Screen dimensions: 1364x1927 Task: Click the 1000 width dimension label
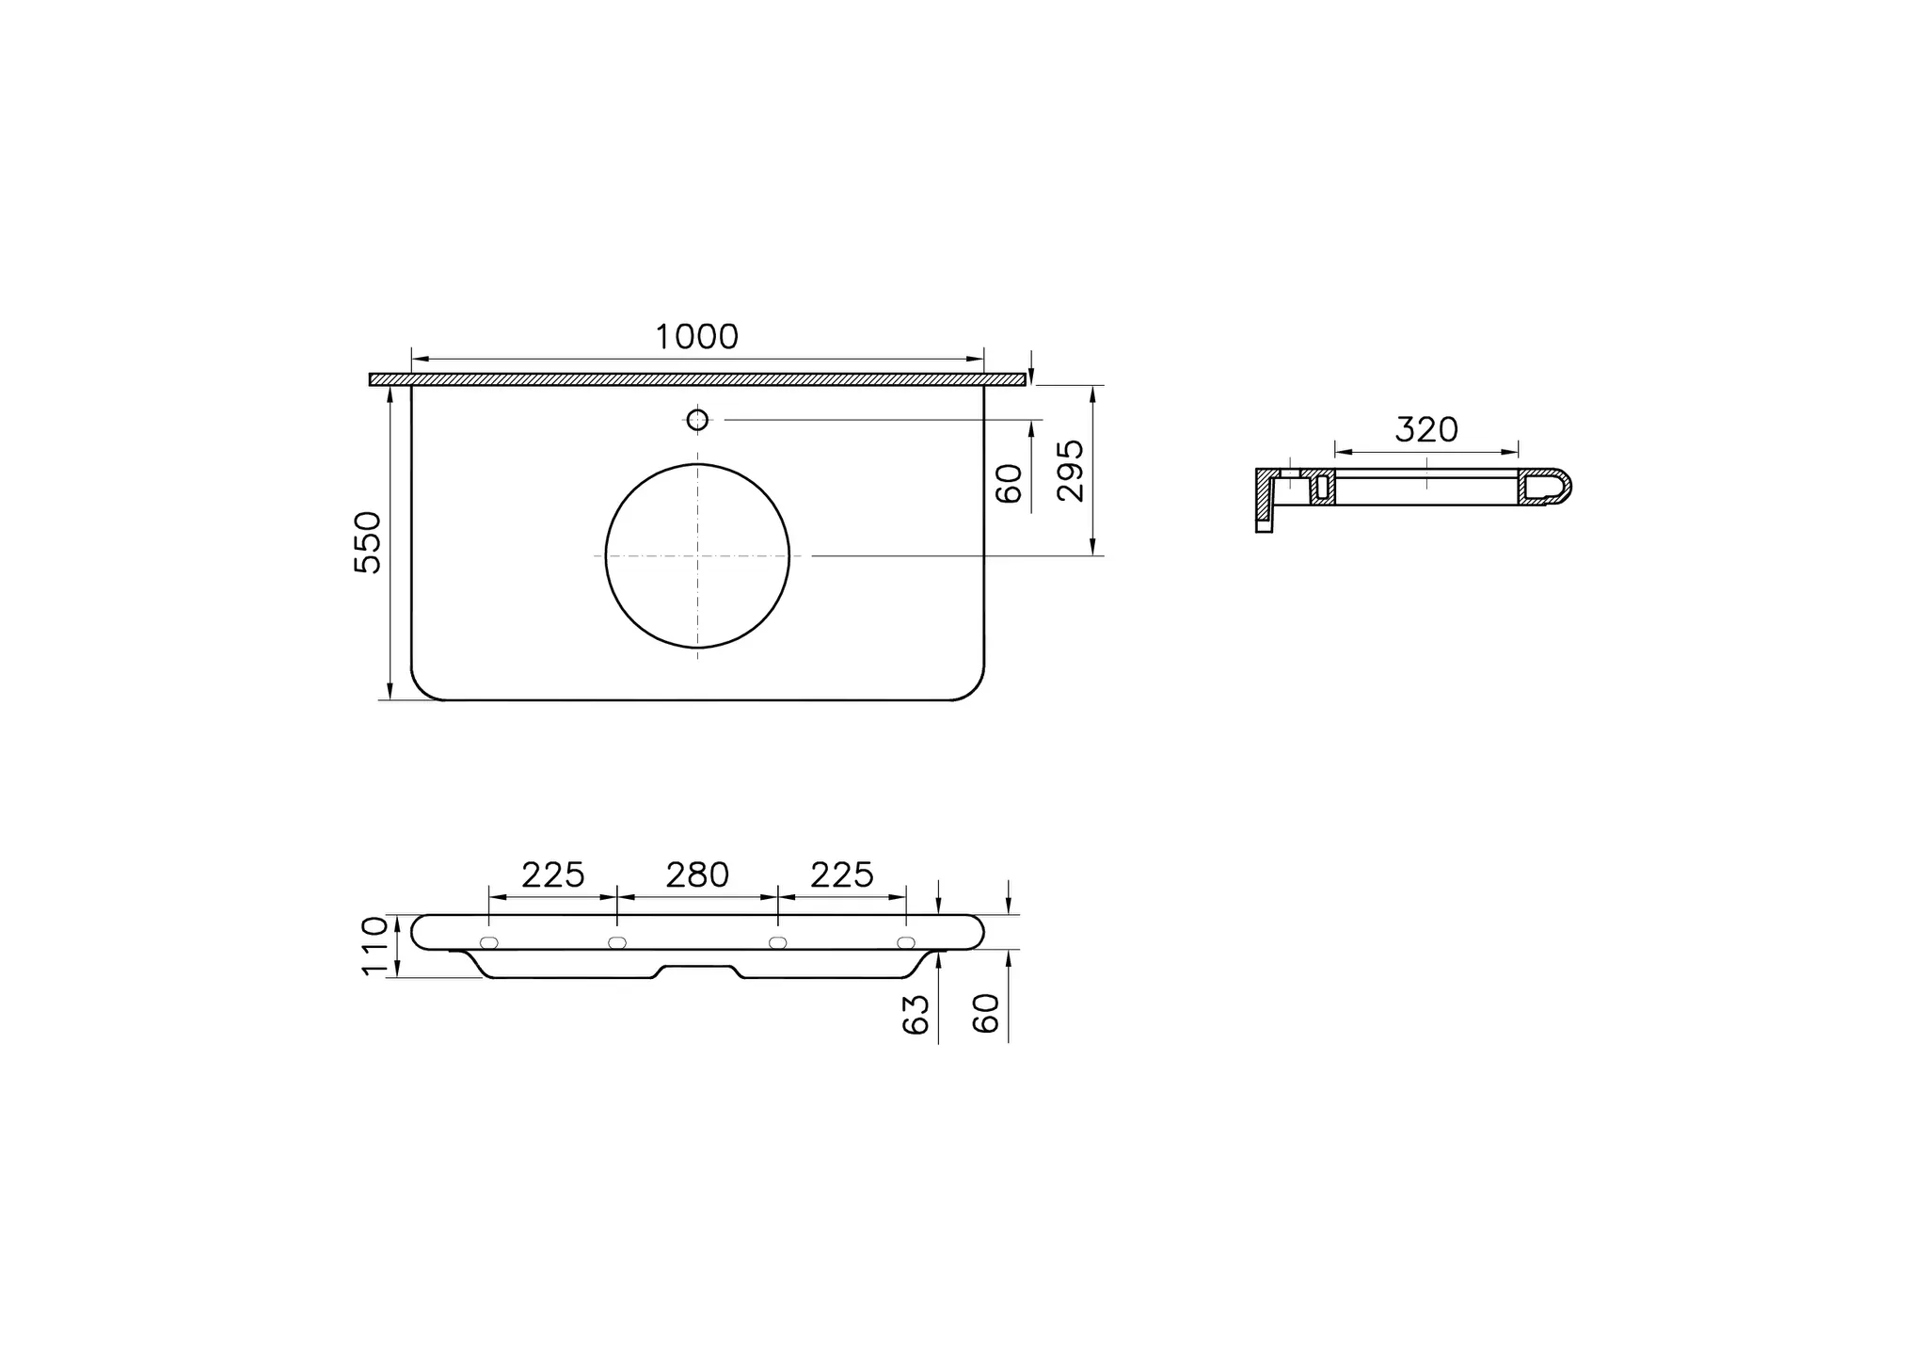(x=696, y=337)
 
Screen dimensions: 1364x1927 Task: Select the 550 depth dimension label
(x=368, y=542)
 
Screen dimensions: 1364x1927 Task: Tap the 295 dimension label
(x=1071, y=471)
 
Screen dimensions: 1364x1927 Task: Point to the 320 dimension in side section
(x=1426, y=430)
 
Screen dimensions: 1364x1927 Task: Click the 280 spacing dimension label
(x=697, y=875)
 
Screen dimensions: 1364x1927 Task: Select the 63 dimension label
(x=916, y=1014)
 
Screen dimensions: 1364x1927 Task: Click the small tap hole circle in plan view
(x=697, y=420)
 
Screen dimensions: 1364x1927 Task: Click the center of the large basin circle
(x=697, y=556)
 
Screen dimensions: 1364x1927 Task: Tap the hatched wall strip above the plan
(x=697, y=379)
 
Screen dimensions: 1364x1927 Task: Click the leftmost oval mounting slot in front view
(x=489, y=943)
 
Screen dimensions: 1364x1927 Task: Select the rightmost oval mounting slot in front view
(x=906, y=943)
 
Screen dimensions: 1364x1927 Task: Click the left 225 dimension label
(x=553, y=875)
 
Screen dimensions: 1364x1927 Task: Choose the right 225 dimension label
(x=842, y=875)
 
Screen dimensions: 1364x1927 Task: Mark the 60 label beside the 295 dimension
(x=1009, y=483)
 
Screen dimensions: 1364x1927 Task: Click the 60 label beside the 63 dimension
(x=985, y=1014)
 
